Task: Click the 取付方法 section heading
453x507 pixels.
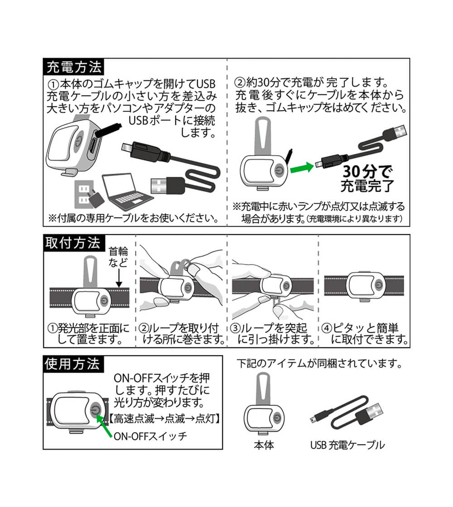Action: [73, 243]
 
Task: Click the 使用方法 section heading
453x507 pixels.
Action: [73, 364]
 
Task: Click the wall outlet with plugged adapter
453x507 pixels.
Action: [89, 194]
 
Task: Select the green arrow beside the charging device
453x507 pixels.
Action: [302, 167]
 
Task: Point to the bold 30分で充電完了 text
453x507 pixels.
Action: [367, 178]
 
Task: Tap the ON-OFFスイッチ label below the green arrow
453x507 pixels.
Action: [150, 436]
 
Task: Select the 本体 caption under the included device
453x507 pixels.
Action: [264, 445]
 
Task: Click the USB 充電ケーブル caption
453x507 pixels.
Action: [347, 445]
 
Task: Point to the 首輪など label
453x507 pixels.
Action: [118, 257]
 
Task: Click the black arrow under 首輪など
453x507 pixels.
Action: [119, 277]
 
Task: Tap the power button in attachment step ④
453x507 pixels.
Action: [378, 285]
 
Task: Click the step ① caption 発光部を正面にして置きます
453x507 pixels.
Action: [88, 334]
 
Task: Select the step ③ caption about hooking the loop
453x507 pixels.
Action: [272, 334]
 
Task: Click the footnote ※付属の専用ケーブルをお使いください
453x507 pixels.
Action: [133, 218]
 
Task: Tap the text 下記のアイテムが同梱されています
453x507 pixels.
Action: [319, 364]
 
